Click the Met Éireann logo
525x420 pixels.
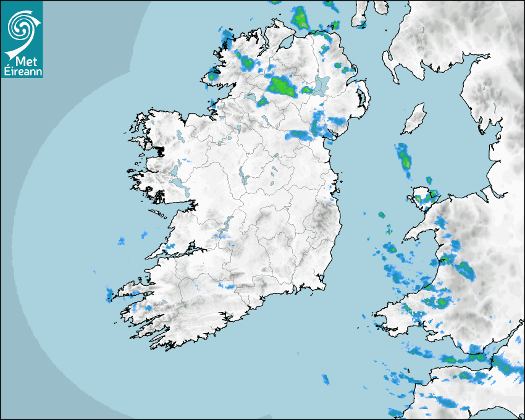(22, 39)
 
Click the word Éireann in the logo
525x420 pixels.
(22, 71)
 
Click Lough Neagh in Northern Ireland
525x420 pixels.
(321, 85)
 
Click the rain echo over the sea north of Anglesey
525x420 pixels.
(404, 157)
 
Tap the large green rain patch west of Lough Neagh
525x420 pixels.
(281, 85)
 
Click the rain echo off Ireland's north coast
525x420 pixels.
(301, 17)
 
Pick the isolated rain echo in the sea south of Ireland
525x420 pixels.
(325, 379)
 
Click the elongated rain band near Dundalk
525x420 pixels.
(300, 135)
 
